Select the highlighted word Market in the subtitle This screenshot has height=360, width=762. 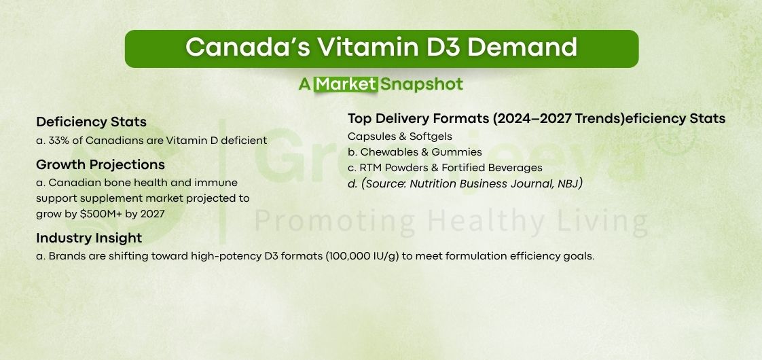[x=346, y=84]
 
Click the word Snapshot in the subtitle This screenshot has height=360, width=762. [x=422, y=84]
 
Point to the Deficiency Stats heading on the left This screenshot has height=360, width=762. [x=91, y=122]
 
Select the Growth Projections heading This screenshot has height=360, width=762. [x=101, y=165]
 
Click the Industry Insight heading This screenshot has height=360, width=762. [x=89, y=238]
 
